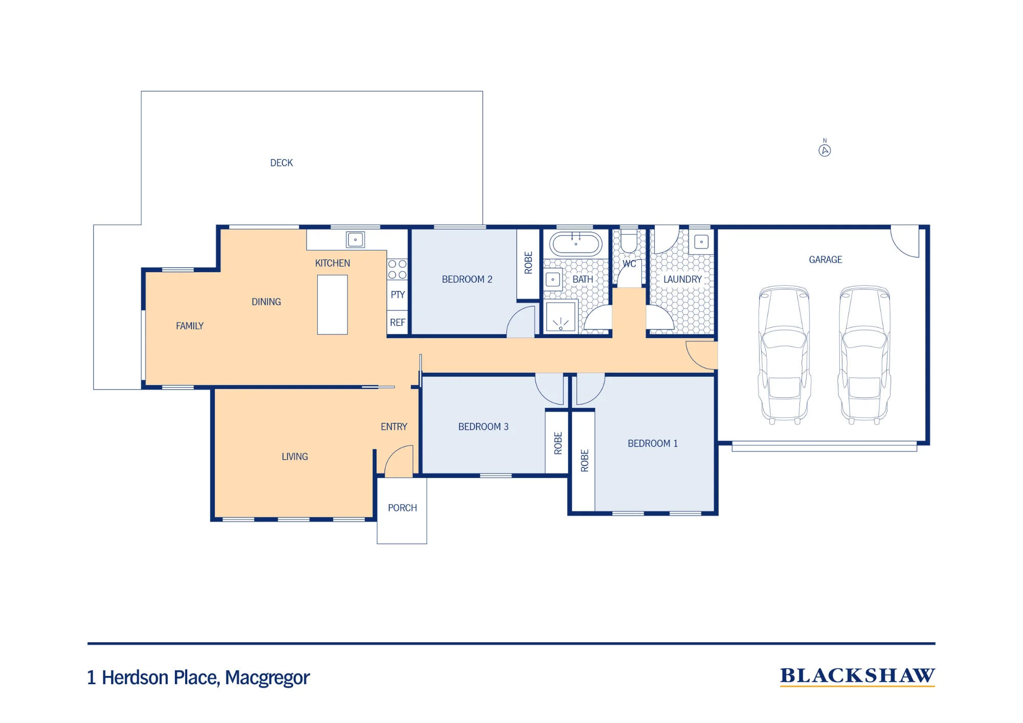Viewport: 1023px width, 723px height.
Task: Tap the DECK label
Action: [281, 163]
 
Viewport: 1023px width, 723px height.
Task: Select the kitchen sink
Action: [355, 239]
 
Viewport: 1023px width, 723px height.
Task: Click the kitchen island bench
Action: [332, 305]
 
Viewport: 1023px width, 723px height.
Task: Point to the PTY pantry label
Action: [397, 295]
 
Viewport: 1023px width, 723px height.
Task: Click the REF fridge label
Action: [397, 323]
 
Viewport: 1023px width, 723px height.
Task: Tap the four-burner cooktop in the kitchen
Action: [397, 269]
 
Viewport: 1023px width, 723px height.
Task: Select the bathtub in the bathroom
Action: [576, 244]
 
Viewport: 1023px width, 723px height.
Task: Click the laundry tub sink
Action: [701, 242]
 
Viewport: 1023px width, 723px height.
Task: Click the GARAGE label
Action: [826, 260]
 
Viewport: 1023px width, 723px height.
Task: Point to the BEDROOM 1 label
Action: [653, 443]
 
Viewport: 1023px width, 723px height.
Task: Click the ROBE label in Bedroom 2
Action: [528, 262]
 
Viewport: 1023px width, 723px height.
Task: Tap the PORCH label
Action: [403, 508]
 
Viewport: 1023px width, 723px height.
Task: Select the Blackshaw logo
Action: [858, 676]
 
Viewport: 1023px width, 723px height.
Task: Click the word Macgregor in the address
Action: [268, 678]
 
